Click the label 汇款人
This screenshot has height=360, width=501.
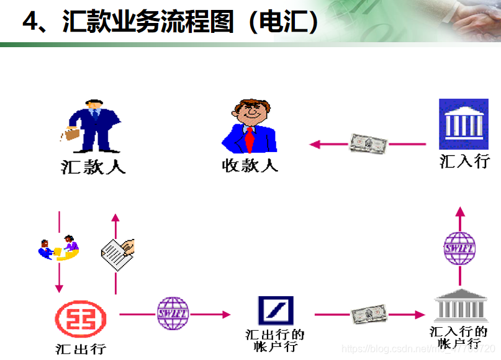pos(93,167)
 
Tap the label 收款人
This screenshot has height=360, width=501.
pos(250,165)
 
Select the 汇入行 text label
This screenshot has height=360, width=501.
pos(464,161)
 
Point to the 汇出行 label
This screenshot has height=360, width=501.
pos(81,349)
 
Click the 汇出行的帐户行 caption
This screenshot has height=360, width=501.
pos(275,341)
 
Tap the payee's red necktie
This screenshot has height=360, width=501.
pos(250,139)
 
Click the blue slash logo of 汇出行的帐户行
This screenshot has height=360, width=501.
pos(276,311)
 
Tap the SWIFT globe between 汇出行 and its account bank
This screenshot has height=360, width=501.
pos(173,313)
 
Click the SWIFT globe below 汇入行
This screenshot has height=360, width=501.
pos(460,248)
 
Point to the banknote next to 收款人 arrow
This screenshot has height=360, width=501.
pos(368,144)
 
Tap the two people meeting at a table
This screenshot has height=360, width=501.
pos(59,248)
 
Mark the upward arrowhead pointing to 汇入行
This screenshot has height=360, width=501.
pos(460,212)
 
